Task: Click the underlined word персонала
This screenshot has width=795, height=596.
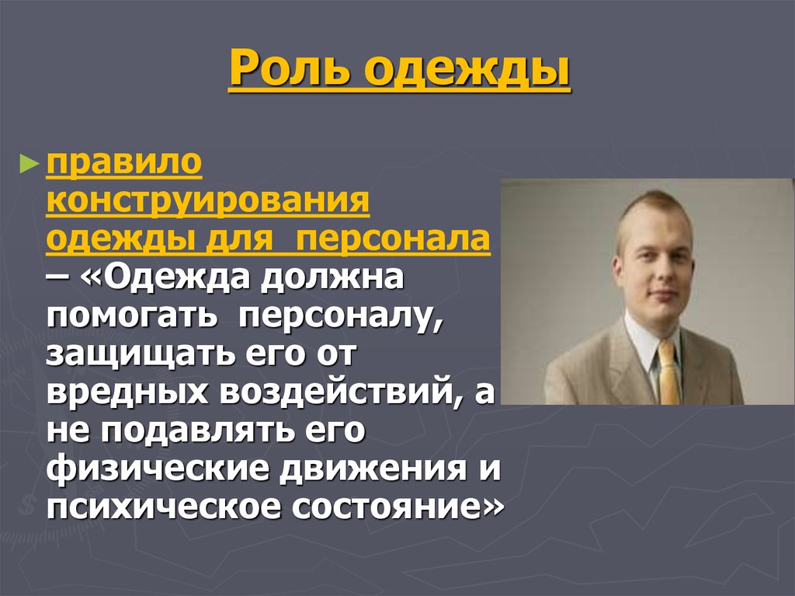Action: tap(393, 241)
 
